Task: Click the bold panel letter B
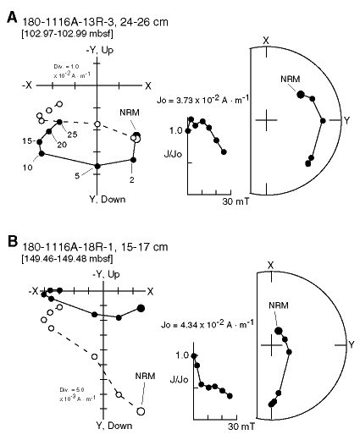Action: [x=13, y=242]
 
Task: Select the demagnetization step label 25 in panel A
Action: [x=72, y=135]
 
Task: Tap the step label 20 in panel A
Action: [x=62, y=145]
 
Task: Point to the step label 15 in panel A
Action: [x=27, y=140]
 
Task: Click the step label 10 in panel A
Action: [x=27, y=168]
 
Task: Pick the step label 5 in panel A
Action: [x=77, y=176]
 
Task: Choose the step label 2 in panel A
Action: [x=132, y=179]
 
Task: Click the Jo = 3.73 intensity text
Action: [x=202, y=100]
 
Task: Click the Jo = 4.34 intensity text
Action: [x=208, y=324]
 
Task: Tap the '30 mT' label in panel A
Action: [x=235, y=201]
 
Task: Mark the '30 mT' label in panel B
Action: [x=241, y=426]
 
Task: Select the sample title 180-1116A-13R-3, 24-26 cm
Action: [x=95, y=22]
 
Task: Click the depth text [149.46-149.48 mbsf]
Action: [x=67, y=258]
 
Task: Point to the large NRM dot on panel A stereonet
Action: [x=301, y=95]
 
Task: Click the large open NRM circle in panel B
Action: [x=141, y=411]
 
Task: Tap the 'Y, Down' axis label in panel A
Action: [x=108, y=200]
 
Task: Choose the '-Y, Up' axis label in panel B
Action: [x=106, y=274]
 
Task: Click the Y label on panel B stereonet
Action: [x=352, y=344]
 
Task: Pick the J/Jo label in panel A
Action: [x=174, y=154]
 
